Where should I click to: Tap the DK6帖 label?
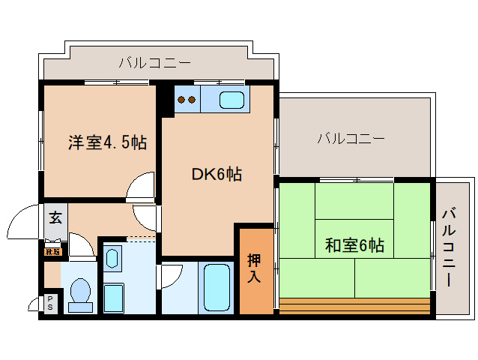click(217, 175)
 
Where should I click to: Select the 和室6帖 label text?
click(355, 244)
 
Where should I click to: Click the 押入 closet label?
click(255, 268)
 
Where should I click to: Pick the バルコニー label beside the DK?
click(351, 138)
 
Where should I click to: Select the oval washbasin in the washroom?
click(112, 259)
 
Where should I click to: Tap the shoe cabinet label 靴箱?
click(52, 251)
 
